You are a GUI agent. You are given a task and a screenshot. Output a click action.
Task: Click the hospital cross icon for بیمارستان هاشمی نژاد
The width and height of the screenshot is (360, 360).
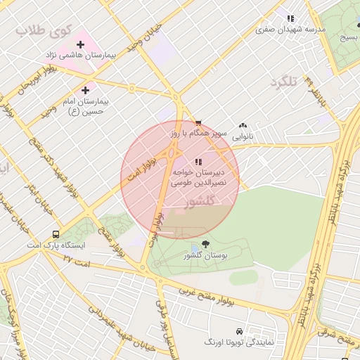[81, 45]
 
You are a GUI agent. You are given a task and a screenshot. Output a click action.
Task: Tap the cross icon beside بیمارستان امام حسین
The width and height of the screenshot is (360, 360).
[86, 90]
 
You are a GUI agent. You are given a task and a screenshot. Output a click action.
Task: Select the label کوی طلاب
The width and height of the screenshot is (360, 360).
[40, 31]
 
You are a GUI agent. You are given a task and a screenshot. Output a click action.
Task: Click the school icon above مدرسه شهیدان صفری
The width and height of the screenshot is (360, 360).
[289, 18]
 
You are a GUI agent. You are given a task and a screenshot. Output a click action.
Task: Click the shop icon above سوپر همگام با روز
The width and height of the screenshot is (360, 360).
[198, 122]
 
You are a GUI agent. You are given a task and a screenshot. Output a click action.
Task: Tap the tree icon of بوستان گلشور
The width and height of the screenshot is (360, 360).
[205, 244]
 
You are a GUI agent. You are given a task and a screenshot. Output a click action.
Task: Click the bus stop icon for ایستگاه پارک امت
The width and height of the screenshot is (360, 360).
[56, 234]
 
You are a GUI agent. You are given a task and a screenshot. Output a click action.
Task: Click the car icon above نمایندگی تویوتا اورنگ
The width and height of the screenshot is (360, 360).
[240, 330]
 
